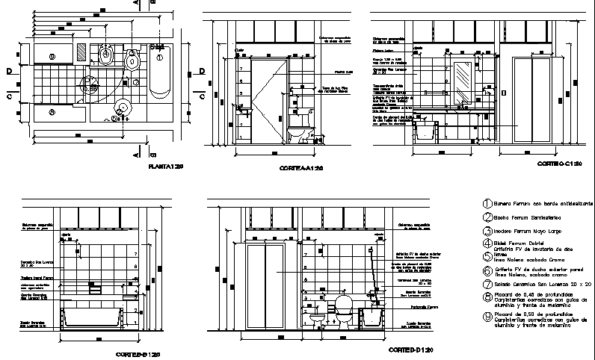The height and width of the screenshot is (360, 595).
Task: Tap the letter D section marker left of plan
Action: click(x=10, y=72)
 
